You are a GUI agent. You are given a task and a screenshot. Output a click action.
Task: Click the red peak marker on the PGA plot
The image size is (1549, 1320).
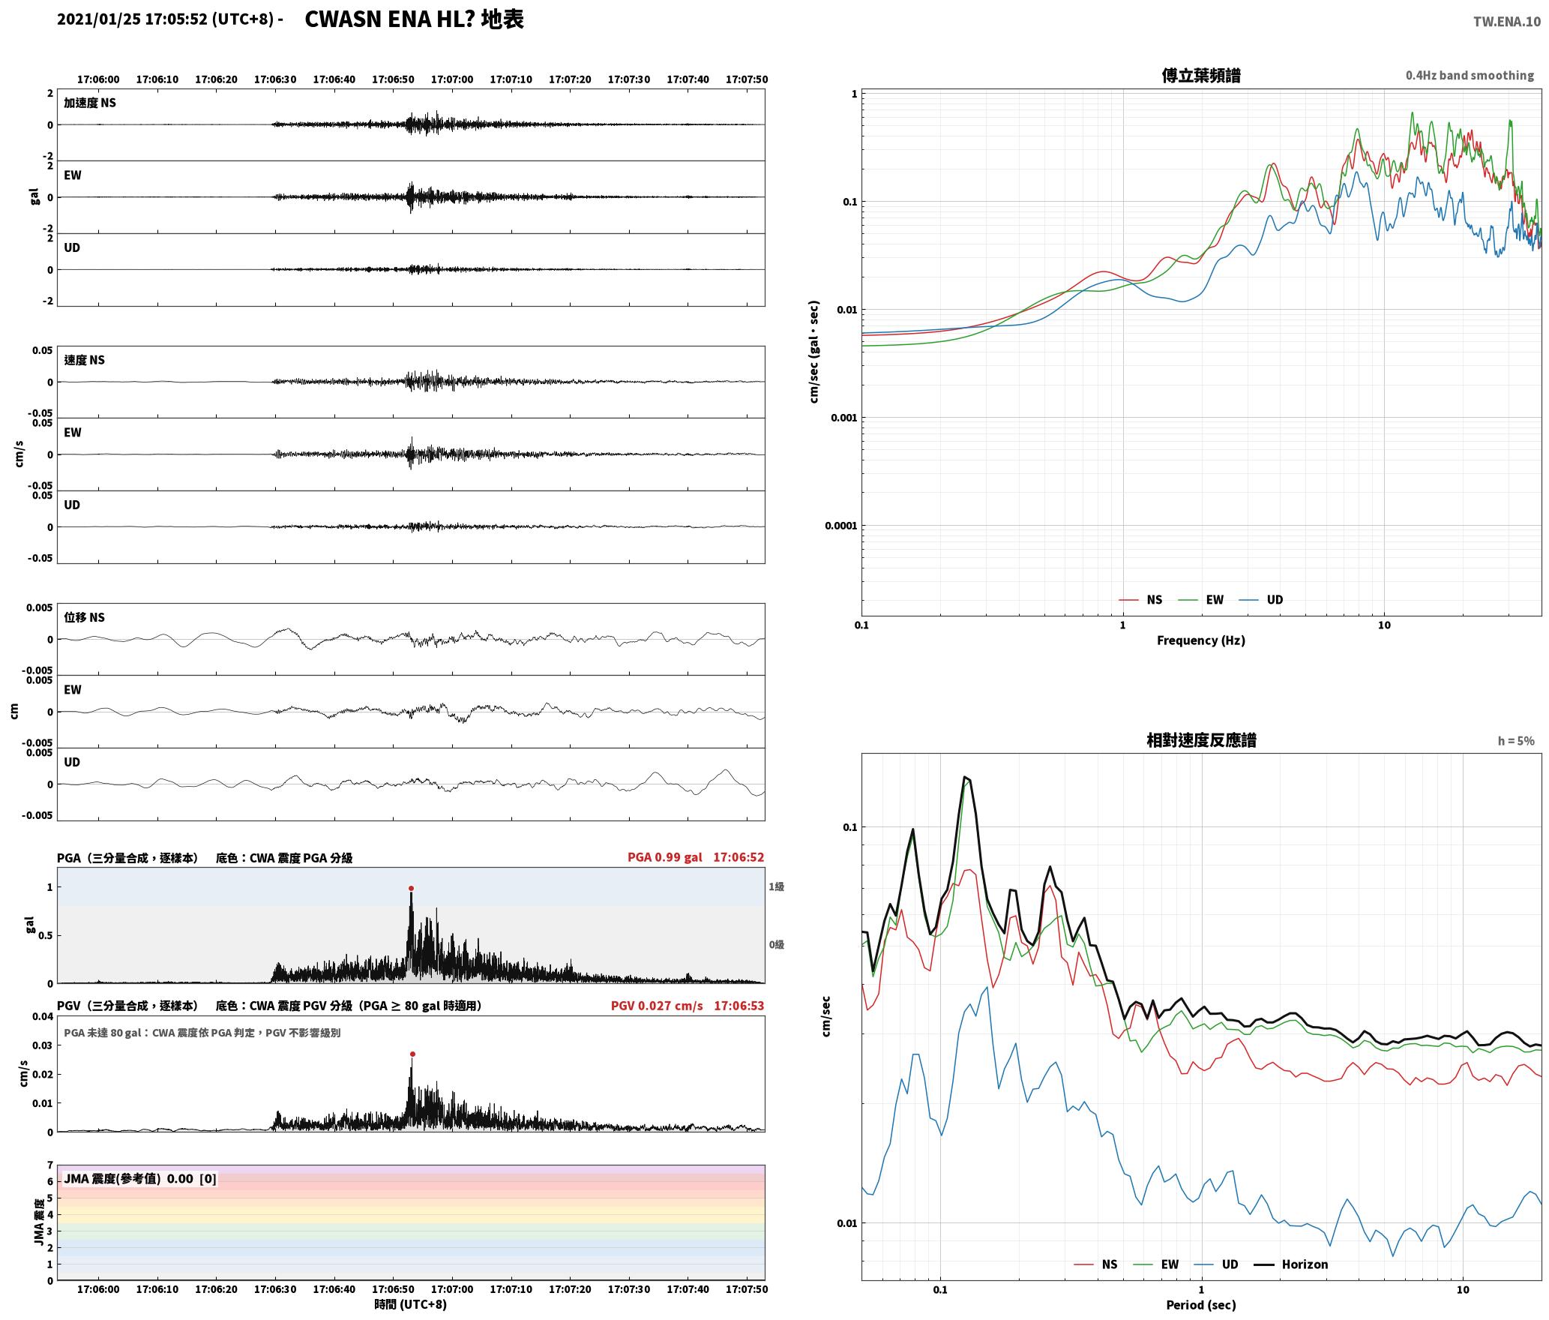click(x=411, y=889)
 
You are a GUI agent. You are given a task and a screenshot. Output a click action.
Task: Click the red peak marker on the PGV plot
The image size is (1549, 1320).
click(x=412, y=1054)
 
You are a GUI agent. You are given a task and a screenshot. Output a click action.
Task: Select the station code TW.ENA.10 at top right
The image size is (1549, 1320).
click(x=1507, y=22)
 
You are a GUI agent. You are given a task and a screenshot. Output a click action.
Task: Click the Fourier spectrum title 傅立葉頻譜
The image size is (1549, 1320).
click(x=1201, y=76)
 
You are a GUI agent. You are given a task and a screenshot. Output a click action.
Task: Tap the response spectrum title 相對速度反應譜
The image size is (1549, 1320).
click(x=1201, y=740)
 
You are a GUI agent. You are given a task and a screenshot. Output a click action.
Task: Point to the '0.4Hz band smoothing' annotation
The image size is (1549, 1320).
click(x=1470, y=76)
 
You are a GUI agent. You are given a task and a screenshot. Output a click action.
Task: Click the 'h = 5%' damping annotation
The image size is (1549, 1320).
click(x=1516, y=741)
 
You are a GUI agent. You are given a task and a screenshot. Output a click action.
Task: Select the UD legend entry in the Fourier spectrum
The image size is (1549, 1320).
click(x=1261, y=600)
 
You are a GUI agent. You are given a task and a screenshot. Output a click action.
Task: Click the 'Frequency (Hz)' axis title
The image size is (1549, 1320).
click(x=1201, y=640)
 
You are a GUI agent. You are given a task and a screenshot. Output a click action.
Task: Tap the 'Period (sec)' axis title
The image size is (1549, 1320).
click(x=1201, y=1305)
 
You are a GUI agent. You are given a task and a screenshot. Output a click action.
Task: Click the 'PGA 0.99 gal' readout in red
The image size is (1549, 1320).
click(x=665, y=857)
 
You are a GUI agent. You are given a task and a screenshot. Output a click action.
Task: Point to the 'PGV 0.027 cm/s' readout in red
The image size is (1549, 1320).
click(x=657, y=1006)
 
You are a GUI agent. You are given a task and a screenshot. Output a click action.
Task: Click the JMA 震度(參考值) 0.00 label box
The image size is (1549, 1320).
click(x=140, y=1178)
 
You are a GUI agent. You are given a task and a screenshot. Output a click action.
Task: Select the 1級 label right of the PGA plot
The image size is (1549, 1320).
click(x=776, y=887)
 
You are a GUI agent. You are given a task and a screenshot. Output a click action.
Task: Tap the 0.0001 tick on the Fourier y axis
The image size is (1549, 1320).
click(x=840, y=526)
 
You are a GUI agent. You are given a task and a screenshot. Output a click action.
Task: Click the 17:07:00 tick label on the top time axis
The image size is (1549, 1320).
click(x=452, y=79)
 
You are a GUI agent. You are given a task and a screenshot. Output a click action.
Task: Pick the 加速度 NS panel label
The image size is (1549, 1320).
click(x=90, y=103)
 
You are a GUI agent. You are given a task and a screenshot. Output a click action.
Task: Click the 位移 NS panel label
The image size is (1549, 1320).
click(x=84, y=617)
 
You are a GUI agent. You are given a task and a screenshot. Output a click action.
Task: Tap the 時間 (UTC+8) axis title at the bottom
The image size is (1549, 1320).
click(x=411, y=1304)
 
